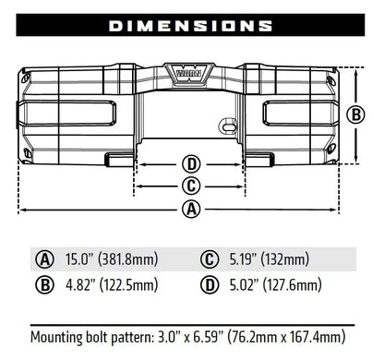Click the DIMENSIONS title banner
tap(192, 25)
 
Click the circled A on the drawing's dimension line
tap(191, 209)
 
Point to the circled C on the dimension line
tap(191, 186)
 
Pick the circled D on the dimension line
tap(191, 164)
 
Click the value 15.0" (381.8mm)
tap(112, 259)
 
